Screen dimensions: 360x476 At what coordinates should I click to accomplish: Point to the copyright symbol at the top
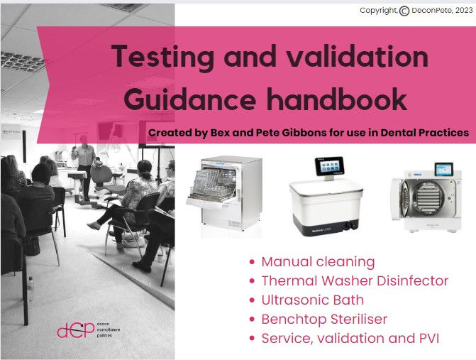[404, 11]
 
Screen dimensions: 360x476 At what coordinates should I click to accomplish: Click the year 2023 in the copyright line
[458, 11]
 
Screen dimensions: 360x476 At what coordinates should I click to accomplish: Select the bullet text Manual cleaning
[318, 261]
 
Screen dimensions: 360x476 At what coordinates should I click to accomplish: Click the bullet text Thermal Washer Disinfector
[355, 280]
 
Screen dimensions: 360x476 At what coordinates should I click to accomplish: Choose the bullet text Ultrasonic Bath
[312, 300]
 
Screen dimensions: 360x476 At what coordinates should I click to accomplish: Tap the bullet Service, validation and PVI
[350, 338]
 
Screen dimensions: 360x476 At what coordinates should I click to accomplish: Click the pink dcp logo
[75, 330]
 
